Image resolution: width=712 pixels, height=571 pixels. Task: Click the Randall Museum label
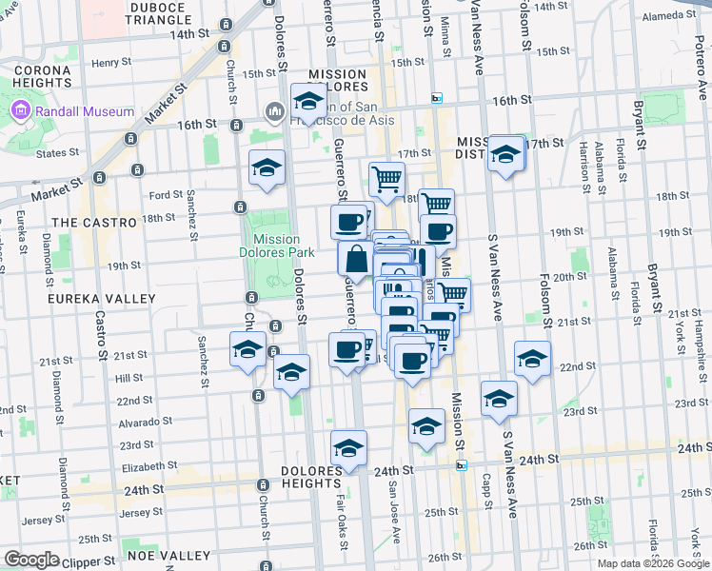tap(85, 111)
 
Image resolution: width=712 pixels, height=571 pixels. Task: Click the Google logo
tap(31, 560)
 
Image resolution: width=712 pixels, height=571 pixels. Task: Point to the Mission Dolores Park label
tap(277, 246)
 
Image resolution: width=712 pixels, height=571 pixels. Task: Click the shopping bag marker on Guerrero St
tap(356, 258)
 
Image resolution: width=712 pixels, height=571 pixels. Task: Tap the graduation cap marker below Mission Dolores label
tap(308, 101)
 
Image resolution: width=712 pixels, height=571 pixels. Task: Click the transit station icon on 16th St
tap(437, 98)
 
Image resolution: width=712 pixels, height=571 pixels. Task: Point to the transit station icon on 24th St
tap(462, 464)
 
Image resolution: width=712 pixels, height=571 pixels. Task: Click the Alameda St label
tap(672, 16)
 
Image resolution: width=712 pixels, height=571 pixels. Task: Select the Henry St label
tap(111, 62)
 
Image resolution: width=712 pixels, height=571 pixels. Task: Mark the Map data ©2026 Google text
tap(653, 563)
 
